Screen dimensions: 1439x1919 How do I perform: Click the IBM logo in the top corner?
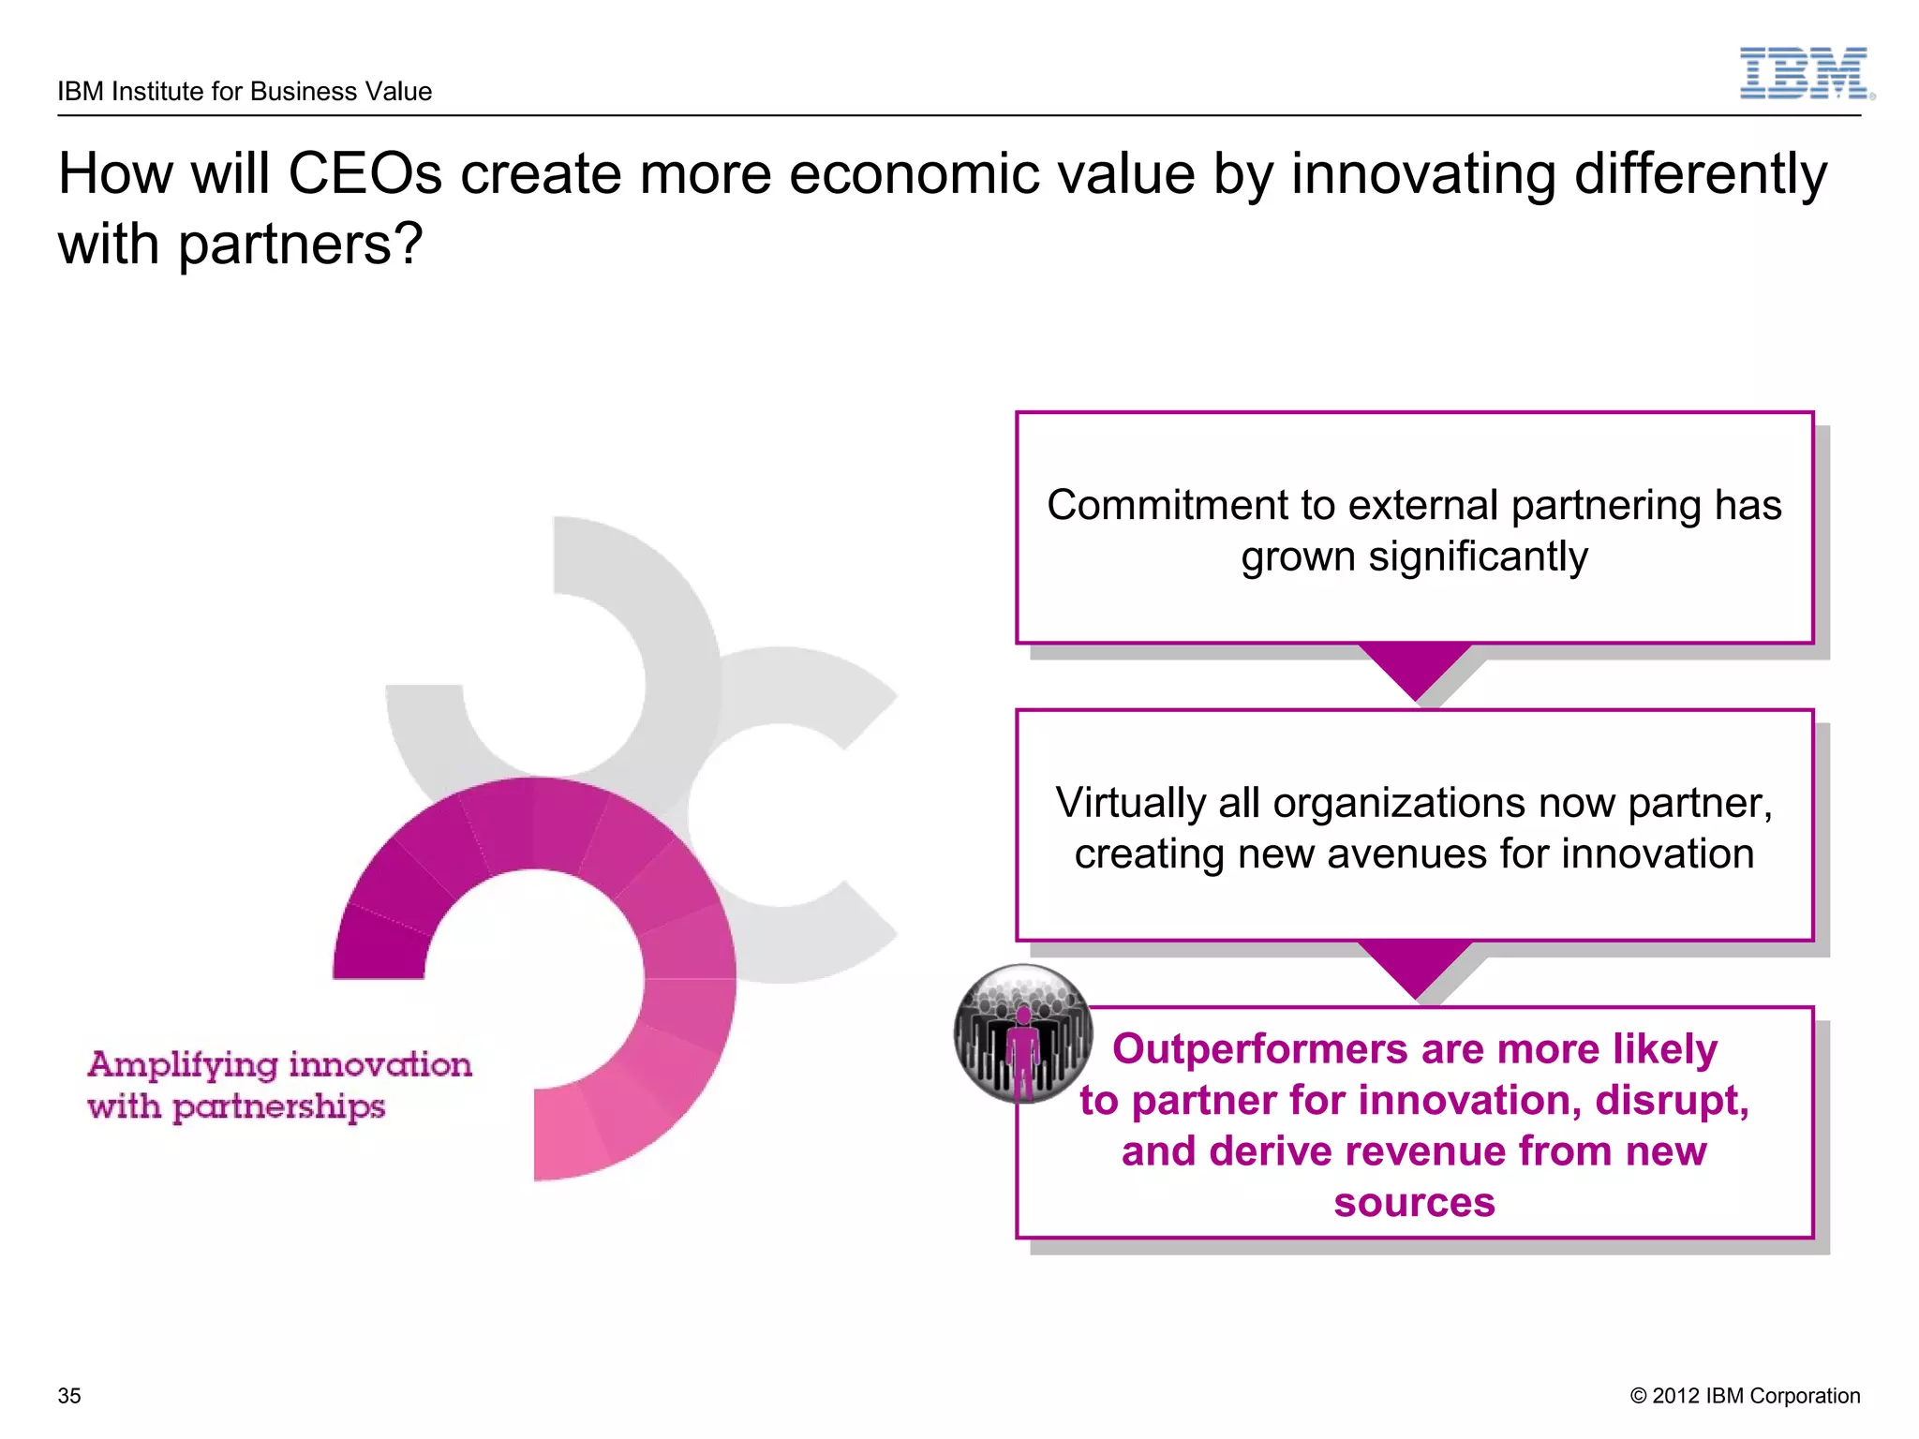coord(1806,74)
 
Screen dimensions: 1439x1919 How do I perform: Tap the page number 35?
coord(69,1395)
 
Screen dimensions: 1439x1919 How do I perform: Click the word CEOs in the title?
coord(364,174)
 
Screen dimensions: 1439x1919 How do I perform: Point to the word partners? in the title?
coord(300,245)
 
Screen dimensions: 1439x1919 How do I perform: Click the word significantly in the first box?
coord(1478,556)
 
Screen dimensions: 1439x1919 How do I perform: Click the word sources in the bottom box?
coord(1414,1202)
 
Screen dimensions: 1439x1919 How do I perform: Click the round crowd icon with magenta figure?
coord(1022,1033)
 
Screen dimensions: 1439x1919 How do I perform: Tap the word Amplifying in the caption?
coord(183,1065)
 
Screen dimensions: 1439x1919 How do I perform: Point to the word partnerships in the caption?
coord(279,1107)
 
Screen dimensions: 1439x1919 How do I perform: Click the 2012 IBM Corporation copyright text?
coord(1745,1395)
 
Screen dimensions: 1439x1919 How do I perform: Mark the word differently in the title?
coord(1700,174)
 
